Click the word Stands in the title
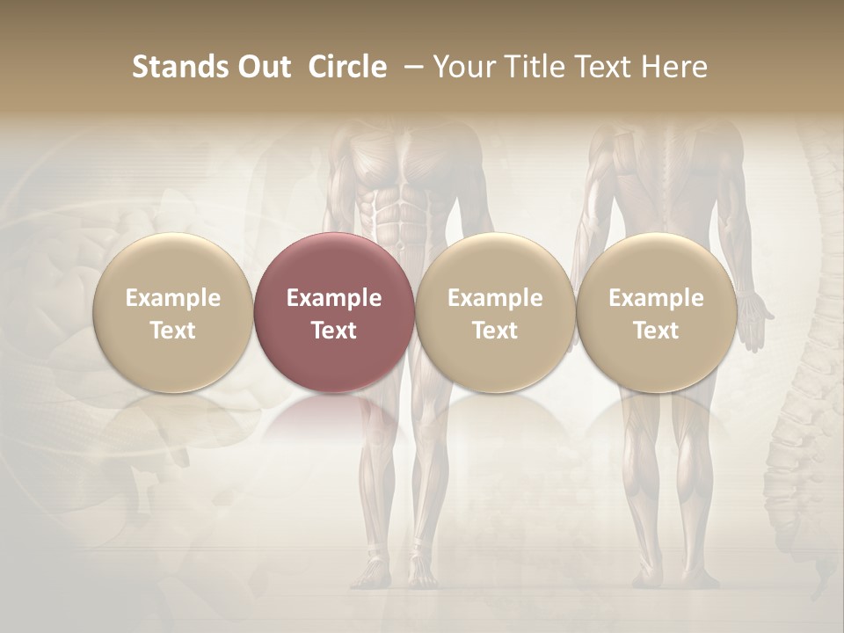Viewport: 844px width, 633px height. coord(176,67)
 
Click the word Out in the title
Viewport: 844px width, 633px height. coord(261,67)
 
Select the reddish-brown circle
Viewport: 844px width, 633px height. coord(334,312)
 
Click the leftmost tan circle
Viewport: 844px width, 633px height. coord(173,312)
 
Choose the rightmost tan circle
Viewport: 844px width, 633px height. coord(657,312)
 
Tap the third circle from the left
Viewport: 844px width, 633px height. coord(495,312)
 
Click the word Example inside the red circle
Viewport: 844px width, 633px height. coord(334,298)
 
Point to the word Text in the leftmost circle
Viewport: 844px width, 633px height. coord(173,331)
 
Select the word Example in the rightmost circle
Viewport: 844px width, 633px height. coord(657,298)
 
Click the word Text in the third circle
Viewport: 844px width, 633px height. coord(495,331)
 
